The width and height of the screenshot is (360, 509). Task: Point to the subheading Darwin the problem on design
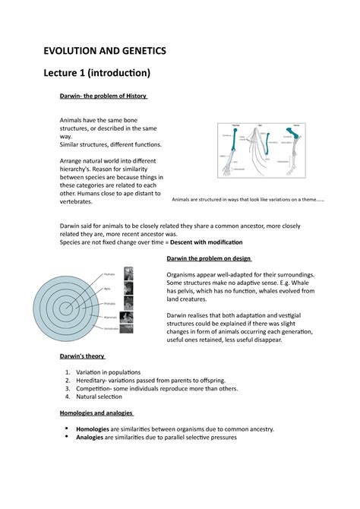[x=215, y=258]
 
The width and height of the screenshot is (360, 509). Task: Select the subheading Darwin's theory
[x=82, y=356]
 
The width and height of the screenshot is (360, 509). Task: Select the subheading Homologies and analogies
[x=96, y=413]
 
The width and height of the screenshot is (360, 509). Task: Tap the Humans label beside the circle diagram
[x=109, y=273]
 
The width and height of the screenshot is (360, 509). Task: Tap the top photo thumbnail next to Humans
[x=128, y=273]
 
